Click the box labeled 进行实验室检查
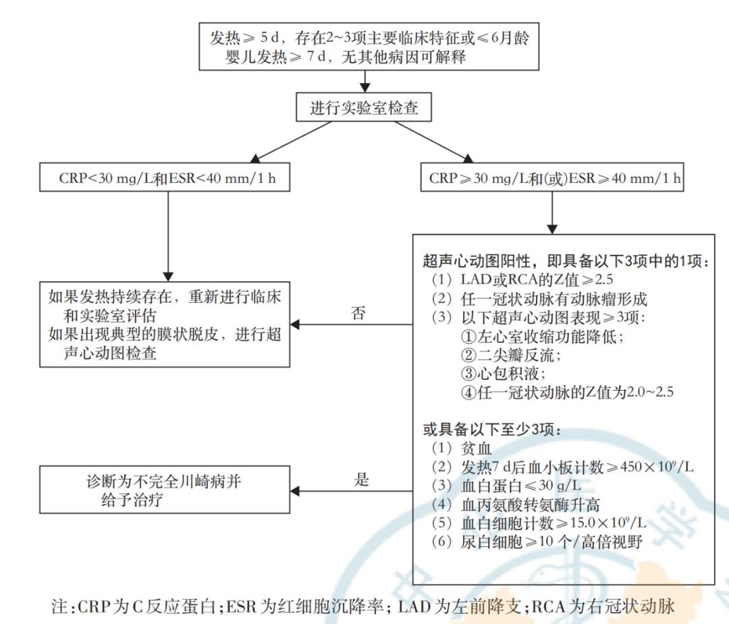[x=365, y=108]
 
